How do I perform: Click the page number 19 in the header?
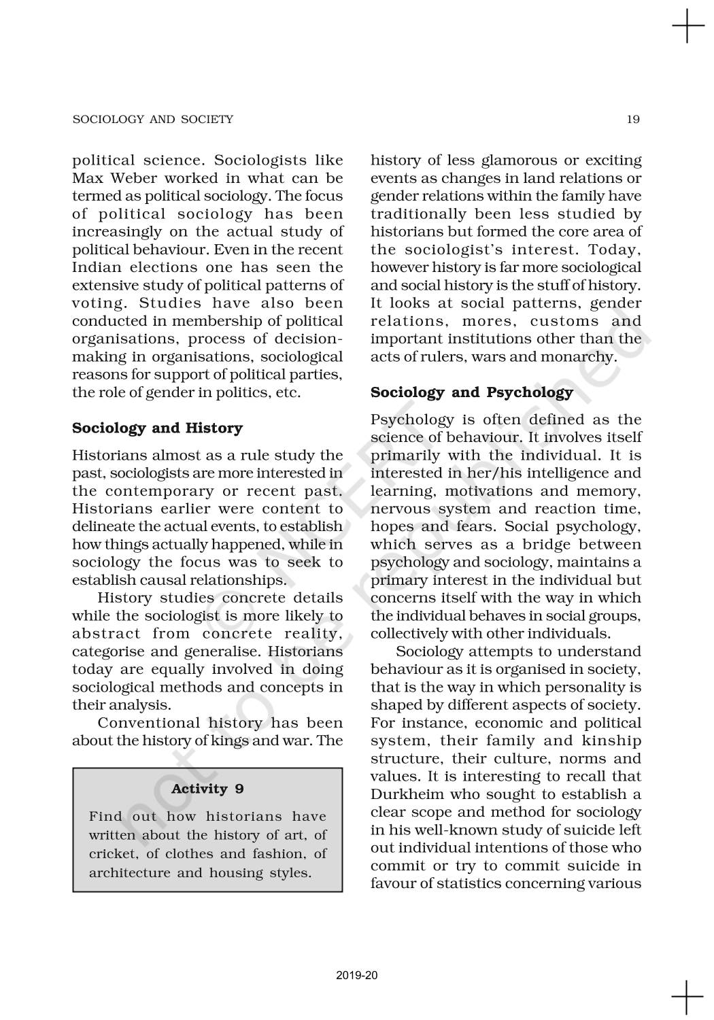[x=633, y=120]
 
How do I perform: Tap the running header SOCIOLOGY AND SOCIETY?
[x=152, y=120]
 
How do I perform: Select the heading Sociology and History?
[x=157, y=428]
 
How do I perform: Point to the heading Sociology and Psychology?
[x=471, y=393]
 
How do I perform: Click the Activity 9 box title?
[x=207, y=789]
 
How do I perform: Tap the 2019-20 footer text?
[x=357, y=976]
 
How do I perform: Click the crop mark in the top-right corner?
[x=687, y=27]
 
